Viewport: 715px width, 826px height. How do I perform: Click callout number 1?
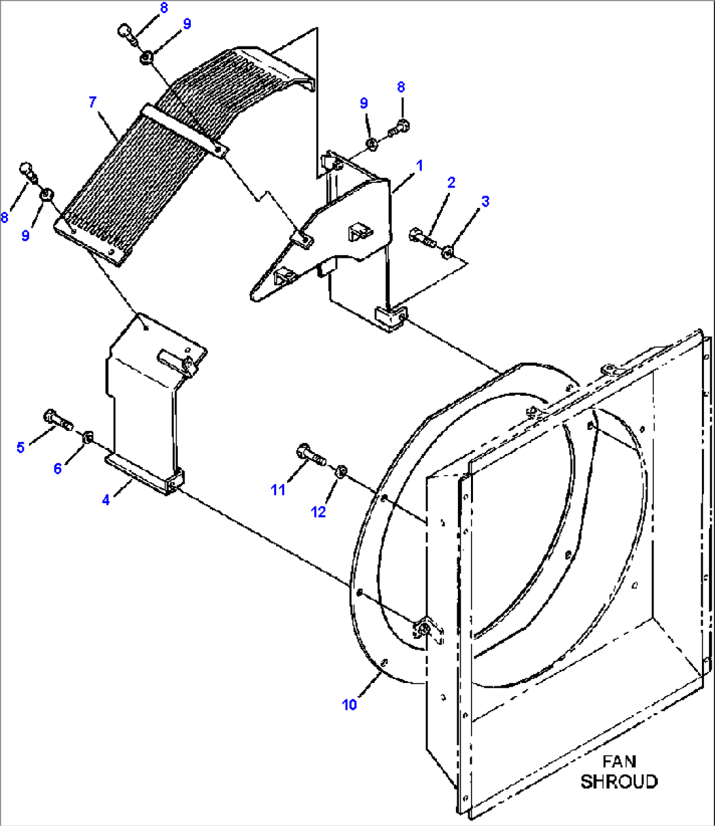tap(420, 165)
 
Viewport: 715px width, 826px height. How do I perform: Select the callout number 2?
tap(451, 182)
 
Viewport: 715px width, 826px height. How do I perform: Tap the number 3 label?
tap(485, 201)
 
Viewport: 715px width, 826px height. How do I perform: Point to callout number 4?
tap(106, 501)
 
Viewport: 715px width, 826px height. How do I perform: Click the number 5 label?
tap(20, 447)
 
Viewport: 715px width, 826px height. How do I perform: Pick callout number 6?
tap(58, 468)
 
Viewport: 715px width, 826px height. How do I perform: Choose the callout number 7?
tap(92, 102)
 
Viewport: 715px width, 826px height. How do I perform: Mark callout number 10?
tap(349, 705)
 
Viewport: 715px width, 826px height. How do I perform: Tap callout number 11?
tap(278, 489)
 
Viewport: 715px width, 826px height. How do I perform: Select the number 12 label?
tap(318, 512)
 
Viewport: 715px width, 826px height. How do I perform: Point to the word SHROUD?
tap(619, 781)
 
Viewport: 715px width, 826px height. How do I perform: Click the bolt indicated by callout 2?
tap(421, 236)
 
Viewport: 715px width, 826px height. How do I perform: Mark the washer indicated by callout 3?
tap(448, 250)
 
